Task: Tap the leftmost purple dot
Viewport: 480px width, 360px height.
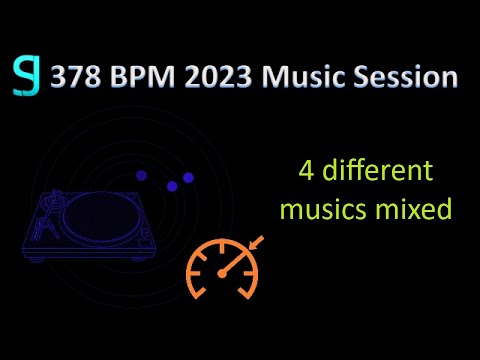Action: [141, 175]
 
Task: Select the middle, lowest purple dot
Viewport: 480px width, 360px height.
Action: [172, 186]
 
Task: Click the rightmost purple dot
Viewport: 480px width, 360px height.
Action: [188, 177]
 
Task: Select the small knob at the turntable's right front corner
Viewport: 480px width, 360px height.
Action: [150, 254]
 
